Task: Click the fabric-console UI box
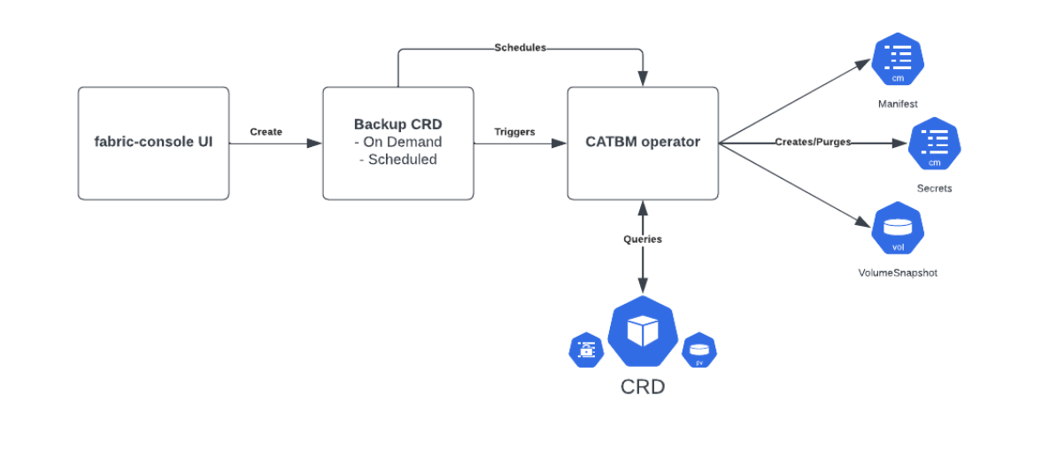(x=153, y=143)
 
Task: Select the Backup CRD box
(x=397, y=143)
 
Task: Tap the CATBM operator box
(x=642, y=143)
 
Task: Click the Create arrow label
(x=266, y=132)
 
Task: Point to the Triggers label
(x=514, y=132)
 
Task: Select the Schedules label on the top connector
(x=520, y=48)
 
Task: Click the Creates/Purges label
(x=813, y=143)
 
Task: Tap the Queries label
(x=642, y=239)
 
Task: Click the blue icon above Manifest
(x=898, y=60)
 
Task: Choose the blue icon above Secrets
(x=934, y=144)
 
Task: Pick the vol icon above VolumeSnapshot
(x=898, y=229)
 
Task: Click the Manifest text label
(x=898, y=104)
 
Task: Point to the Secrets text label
(x=934, y=189)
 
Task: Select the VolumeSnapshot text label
(x=898, y=273)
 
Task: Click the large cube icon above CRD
(x=642, y=332)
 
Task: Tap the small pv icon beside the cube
(x=699, y=351)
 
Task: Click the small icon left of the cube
(x=586, y=350)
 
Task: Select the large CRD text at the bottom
(x=642, y=387)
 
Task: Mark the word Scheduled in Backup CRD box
(x=402, y=159)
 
